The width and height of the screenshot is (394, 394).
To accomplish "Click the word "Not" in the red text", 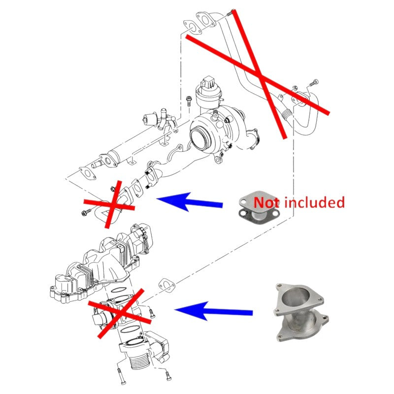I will [266, 202].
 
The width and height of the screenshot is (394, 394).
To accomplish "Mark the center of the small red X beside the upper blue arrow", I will [110, 204].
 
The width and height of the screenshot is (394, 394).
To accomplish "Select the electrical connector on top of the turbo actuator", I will [207, 82].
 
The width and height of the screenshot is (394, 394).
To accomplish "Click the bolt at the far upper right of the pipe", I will [314, 82].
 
